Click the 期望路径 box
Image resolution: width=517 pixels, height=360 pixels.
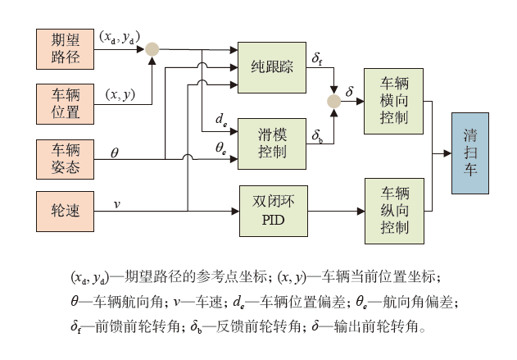click(x=65, y=49)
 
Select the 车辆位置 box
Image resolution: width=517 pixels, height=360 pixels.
click(x=65, y=103)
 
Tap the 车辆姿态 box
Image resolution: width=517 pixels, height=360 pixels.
click(x=65, y=158)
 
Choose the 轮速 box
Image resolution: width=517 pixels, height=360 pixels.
click(x=65, y=212)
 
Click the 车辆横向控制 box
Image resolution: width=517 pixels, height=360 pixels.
click(x=395, y=100)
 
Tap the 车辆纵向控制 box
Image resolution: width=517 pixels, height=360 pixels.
click(x=395, y=212)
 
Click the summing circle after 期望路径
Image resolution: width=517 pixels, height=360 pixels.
click(x=152, y=49)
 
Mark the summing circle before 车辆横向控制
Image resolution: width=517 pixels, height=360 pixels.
click(x=333, y=101)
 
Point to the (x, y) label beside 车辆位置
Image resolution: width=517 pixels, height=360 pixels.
click(x=120, y=94)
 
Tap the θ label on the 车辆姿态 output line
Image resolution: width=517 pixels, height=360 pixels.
click(x=114, y=151)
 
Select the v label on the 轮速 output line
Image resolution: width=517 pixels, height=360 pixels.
click(x=116, y=203)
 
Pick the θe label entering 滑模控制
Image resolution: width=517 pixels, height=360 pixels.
click(x=220, y=148)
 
